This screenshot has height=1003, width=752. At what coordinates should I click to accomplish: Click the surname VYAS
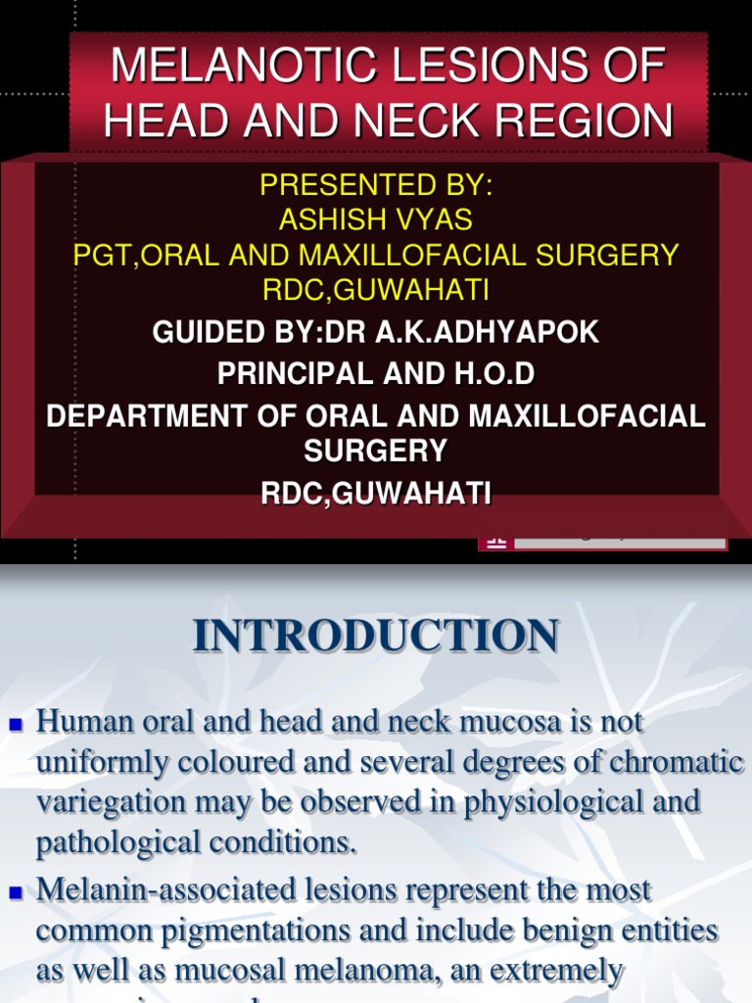[x=436, y=218]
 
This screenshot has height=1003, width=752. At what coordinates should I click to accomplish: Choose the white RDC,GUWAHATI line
[x=375, y=494]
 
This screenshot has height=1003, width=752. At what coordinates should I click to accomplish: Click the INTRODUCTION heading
[x=376, y=636]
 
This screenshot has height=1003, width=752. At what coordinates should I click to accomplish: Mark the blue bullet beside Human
[x=16, y=726]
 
